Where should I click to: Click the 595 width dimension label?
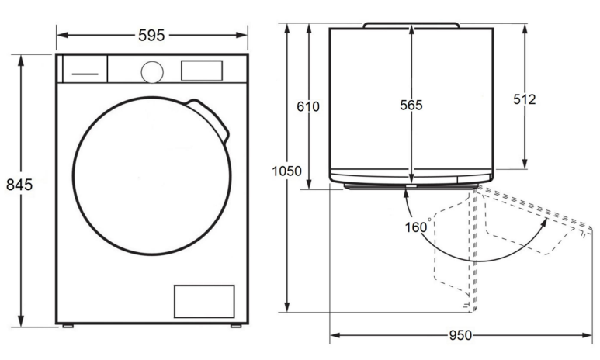pos(151,36)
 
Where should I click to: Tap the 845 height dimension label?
pos(19,185)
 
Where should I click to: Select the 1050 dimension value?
pos(286,171)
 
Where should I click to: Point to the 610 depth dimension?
pos(308,106)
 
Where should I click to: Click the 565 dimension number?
pos(411,105)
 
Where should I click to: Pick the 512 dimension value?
pos(524,99)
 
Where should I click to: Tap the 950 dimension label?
pos(460,335)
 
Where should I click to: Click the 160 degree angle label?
pos(418,227)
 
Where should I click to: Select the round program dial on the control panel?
pos(152,72)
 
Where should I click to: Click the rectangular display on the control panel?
pos(202,71)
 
